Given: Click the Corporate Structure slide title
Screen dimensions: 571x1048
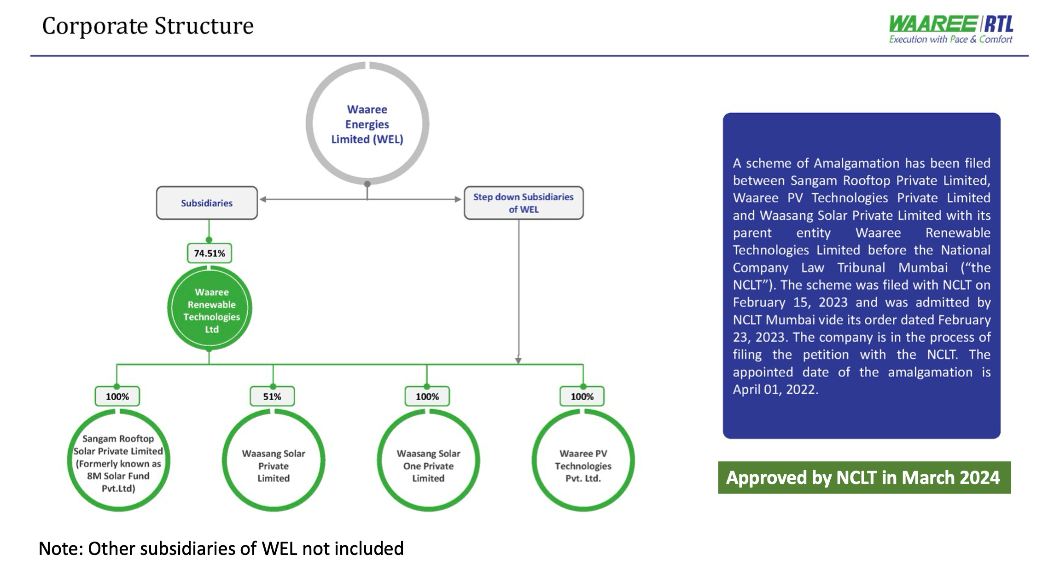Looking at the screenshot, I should tap(148, 26).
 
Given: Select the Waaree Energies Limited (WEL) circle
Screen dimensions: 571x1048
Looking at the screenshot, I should tap(367, 124).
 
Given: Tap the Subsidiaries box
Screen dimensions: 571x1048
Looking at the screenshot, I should tap(207, 203).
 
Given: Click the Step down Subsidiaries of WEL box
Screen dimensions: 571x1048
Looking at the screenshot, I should tap(524, 203).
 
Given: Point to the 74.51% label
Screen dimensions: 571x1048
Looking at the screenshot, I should tap(210, 253).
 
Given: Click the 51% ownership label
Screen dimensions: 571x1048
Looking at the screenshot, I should tap(272, 396).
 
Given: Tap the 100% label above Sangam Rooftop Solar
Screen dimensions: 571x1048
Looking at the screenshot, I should tap(117, 396).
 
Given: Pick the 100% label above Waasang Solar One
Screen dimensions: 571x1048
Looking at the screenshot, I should tap(427, 396).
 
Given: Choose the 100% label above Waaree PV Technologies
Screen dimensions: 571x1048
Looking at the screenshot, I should tap(582, 396).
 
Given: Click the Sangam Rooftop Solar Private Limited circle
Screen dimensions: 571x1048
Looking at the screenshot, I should tap(118, 462).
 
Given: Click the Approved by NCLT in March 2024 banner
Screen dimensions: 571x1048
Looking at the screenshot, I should tap(864, 478).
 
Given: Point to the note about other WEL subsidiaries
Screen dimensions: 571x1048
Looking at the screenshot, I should tap(221, 548).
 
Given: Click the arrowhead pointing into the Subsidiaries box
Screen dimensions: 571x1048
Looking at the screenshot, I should tap(263, 199).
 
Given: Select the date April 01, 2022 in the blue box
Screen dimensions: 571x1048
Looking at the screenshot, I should tap(775, 390).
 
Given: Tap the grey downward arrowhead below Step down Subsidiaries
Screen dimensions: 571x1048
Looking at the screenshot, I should tap(518, 360).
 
